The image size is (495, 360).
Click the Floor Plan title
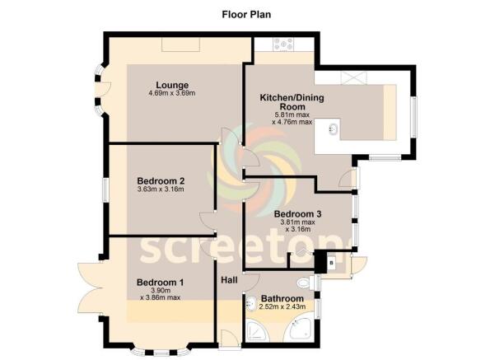click(x=246, y=15)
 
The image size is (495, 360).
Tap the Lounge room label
click(x=172, y=85)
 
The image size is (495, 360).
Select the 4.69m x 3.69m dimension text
click(x=172, y=93)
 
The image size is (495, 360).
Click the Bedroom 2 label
click(x=161, y=181)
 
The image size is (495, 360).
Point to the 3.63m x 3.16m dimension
click(x=161, y=189)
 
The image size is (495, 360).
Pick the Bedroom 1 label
click(x=160, y=282)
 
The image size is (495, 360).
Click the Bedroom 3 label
click(x=297, y=214)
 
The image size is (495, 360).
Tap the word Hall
click(x=229, y=280)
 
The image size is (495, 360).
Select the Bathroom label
click(x=283, y=298)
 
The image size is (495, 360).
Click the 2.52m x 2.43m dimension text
click(x=283, y=306)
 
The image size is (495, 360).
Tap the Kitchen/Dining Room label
click(x=292, y=102)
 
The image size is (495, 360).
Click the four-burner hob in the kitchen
click(x=284, y=44)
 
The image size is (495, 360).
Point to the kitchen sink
click(x=334, y=129)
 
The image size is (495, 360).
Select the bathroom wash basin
click(x=251, y=303)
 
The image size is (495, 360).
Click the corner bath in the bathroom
click(x=299, y=330)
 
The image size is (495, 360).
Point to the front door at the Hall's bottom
click(x=230, y=339)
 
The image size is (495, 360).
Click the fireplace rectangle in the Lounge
click(x=181, y=44)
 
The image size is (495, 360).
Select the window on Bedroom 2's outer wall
click(x=106, y=189)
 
